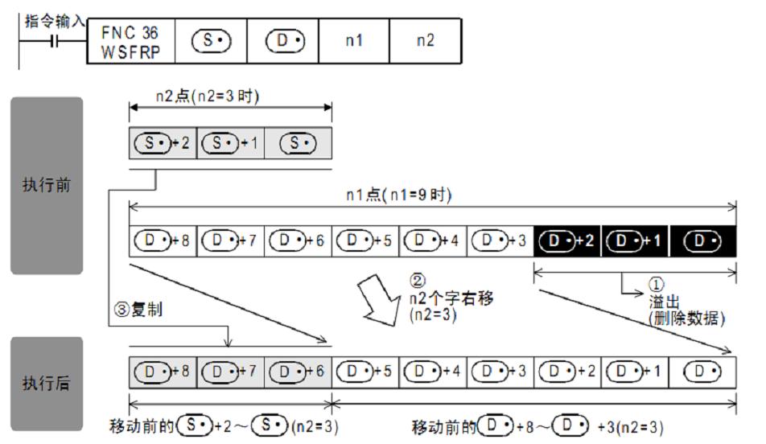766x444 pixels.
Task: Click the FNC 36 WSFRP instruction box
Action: point(130,40)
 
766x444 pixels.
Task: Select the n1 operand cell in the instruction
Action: point(354,40)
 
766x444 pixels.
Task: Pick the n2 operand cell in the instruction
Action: point(426,40)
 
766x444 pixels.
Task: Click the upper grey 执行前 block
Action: point(47,185)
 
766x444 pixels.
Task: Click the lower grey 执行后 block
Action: point(47,383)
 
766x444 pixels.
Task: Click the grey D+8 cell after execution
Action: point(162,372)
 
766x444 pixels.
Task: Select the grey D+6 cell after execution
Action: point(297,372)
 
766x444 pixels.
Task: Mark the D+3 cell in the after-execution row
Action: point(500,372)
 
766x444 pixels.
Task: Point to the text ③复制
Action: point(139,310)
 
